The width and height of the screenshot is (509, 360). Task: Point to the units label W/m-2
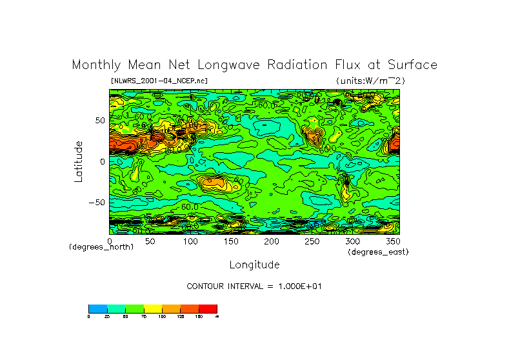[x=371, y=81]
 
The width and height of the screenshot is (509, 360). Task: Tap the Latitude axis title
[x=79, y=161]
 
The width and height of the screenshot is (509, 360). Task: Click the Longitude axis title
[x=254, y=265]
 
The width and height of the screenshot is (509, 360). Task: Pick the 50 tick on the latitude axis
[x=99, y=121]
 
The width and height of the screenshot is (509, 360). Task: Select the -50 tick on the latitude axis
[x=96, y=202]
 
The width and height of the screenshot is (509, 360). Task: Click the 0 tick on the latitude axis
[x=102, y=161]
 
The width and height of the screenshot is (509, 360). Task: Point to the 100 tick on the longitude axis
[x=190, y=241]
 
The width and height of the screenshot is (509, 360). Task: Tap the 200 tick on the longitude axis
[x=272, y=241]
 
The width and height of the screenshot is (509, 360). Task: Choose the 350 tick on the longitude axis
[x=393, y=241]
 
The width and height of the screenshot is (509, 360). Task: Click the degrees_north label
[x=101, y=247]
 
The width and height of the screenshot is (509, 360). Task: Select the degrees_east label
[x=378, y=252]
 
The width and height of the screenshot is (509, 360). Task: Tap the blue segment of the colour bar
[x=97, y=308]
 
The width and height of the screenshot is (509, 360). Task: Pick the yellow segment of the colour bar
[x=153, y=308]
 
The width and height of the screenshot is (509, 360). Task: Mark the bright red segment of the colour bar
[x=208, y=308]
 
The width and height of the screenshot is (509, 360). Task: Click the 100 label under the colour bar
[x=162, y=317]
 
